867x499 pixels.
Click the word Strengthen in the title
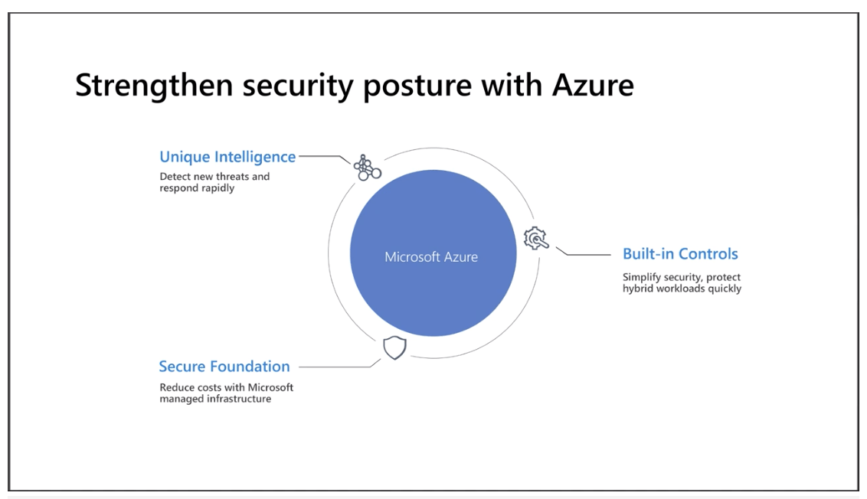pos(154,86)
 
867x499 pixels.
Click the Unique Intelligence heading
pos(227,157)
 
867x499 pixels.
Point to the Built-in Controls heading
pos(680,253)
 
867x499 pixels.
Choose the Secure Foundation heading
pos(224,367)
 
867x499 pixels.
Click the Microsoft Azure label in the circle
pos(431,257)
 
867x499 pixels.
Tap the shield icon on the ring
pos(394,347)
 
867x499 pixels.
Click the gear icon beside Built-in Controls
pos(536,238)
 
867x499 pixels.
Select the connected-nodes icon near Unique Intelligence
pos(367,168)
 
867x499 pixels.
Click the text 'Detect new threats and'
pos(214,176)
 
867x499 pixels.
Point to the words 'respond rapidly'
pos(197,188)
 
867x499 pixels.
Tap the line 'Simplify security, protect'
pos(681,277)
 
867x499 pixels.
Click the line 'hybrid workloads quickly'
pos(682,289)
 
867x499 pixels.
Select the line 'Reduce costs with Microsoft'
pos(226,387)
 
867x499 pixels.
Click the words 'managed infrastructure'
pos(215,399)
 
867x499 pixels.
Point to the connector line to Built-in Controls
pos(584,254)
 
